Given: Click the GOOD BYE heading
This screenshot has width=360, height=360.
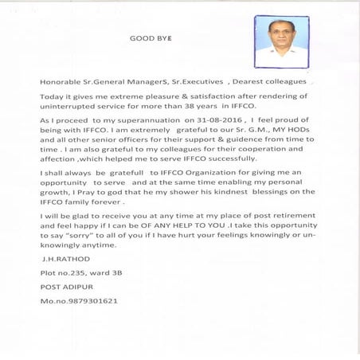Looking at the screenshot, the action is (151, 37).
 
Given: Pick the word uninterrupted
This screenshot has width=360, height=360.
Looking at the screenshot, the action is (70, 105).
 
